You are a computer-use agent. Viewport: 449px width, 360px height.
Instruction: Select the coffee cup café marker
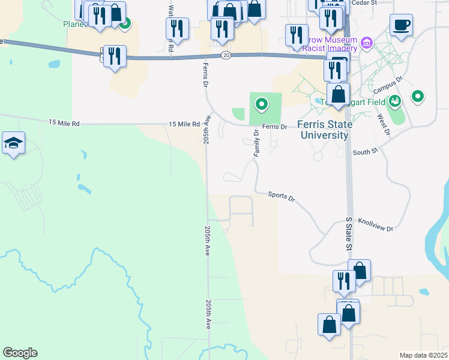point(401,25)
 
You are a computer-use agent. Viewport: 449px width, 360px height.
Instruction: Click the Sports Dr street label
point(282,196)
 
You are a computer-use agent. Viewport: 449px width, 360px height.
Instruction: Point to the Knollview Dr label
point(375,225)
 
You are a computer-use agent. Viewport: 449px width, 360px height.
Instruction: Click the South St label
point(365,152)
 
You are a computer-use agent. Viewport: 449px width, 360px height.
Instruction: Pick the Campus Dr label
point(387,85)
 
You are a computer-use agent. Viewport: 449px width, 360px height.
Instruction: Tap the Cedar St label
point(364,2)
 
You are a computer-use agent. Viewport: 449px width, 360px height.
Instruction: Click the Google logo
point(20,353)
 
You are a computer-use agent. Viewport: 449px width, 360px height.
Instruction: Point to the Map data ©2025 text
point(423,355)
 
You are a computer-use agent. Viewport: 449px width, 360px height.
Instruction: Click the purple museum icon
point(366,43)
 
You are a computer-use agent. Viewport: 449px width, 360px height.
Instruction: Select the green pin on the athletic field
point(261,105)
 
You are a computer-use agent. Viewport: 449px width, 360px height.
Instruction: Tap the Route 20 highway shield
point(225,55)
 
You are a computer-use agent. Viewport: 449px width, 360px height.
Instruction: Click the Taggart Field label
point(327,102)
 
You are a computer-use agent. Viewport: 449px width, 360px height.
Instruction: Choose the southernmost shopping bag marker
point(330,325)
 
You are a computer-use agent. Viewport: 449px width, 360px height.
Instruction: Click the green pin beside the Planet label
point(125,25)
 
